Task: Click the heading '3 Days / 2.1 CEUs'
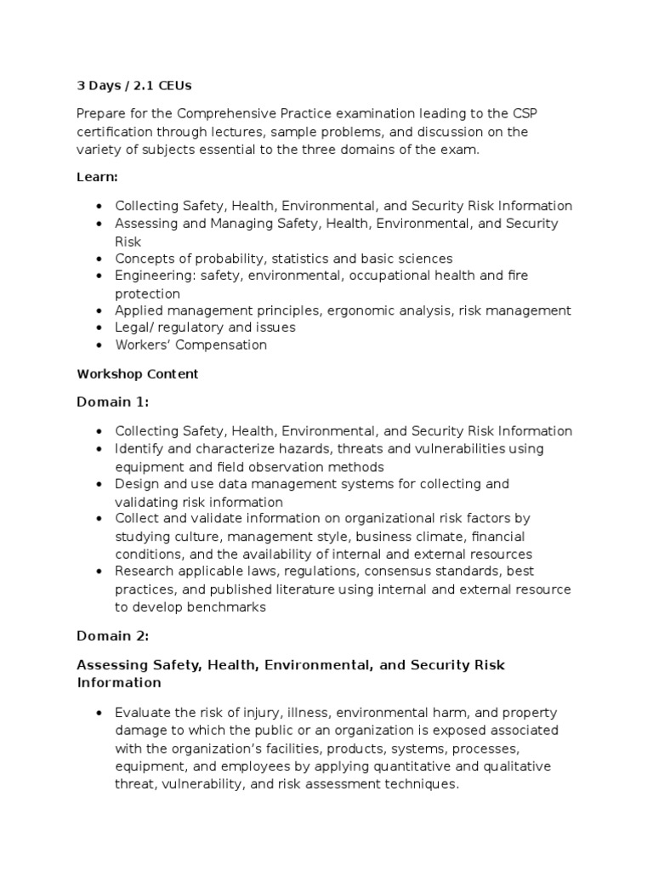click(134, 85)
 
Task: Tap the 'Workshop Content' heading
click(137, 373)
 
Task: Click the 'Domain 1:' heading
click(112, 401)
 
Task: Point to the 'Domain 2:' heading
click(112, 635)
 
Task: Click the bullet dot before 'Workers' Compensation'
click(99, 345)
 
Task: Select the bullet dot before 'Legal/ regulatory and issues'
click(99, 328)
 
